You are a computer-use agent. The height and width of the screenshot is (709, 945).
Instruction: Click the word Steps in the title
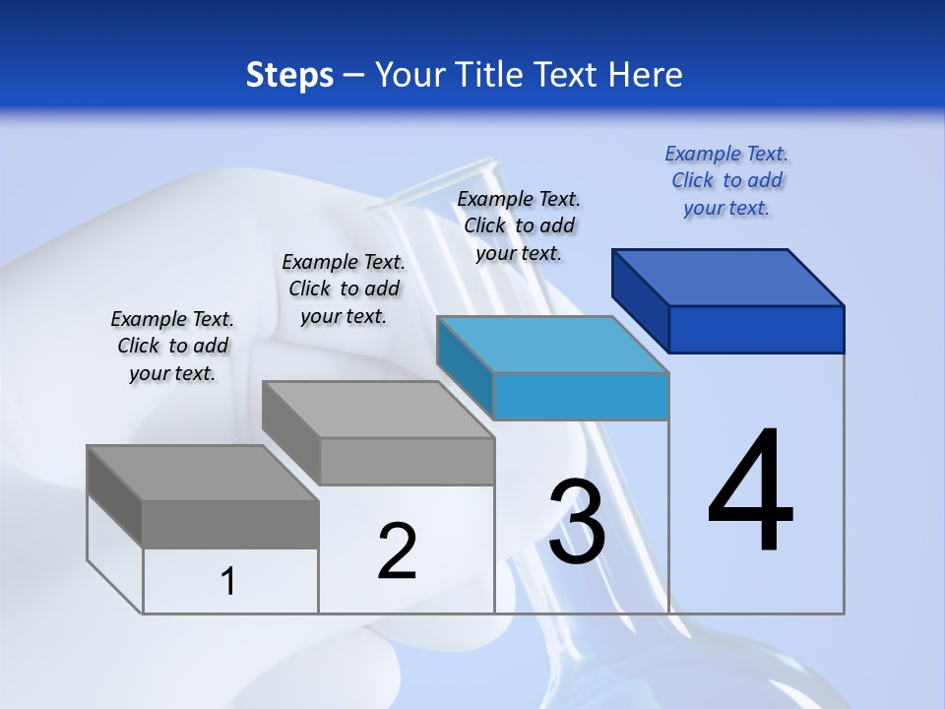(x=289, y=75)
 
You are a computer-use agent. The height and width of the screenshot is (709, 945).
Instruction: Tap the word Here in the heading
(x=644, y=75)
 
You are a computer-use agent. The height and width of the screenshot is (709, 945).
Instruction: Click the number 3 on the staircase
(x=577, y=522)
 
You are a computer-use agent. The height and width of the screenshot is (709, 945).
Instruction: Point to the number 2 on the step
(x=397, y=551)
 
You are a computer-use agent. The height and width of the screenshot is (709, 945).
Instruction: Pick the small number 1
(x=228, y=581)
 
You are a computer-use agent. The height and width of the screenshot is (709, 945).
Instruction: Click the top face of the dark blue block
(x=728, y=277)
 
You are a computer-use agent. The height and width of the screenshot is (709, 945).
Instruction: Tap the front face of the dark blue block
(x=756, y=329)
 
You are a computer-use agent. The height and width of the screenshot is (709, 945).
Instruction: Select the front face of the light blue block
(x=581, y=396)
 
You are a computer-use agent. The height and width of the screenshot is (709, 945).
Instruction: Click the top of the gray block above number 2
(x=378, y=410)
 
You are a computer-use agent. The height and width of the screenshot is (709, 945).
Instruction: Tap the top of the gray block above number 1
(x=203, y=474)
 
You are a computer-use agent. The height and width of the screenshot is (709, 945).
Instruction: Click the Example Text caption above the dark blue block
(x=726, y=180)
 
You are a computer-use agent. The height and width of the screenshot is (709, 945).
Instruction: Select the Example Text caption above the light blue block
(x=519, y=226)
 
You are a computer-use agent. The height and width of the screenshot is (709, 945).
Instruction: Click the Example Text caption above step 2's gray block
(x=344, y=289)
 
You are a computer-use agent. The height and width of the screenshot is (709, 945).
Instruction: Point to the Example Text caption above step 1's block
(x=172, y=346)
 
